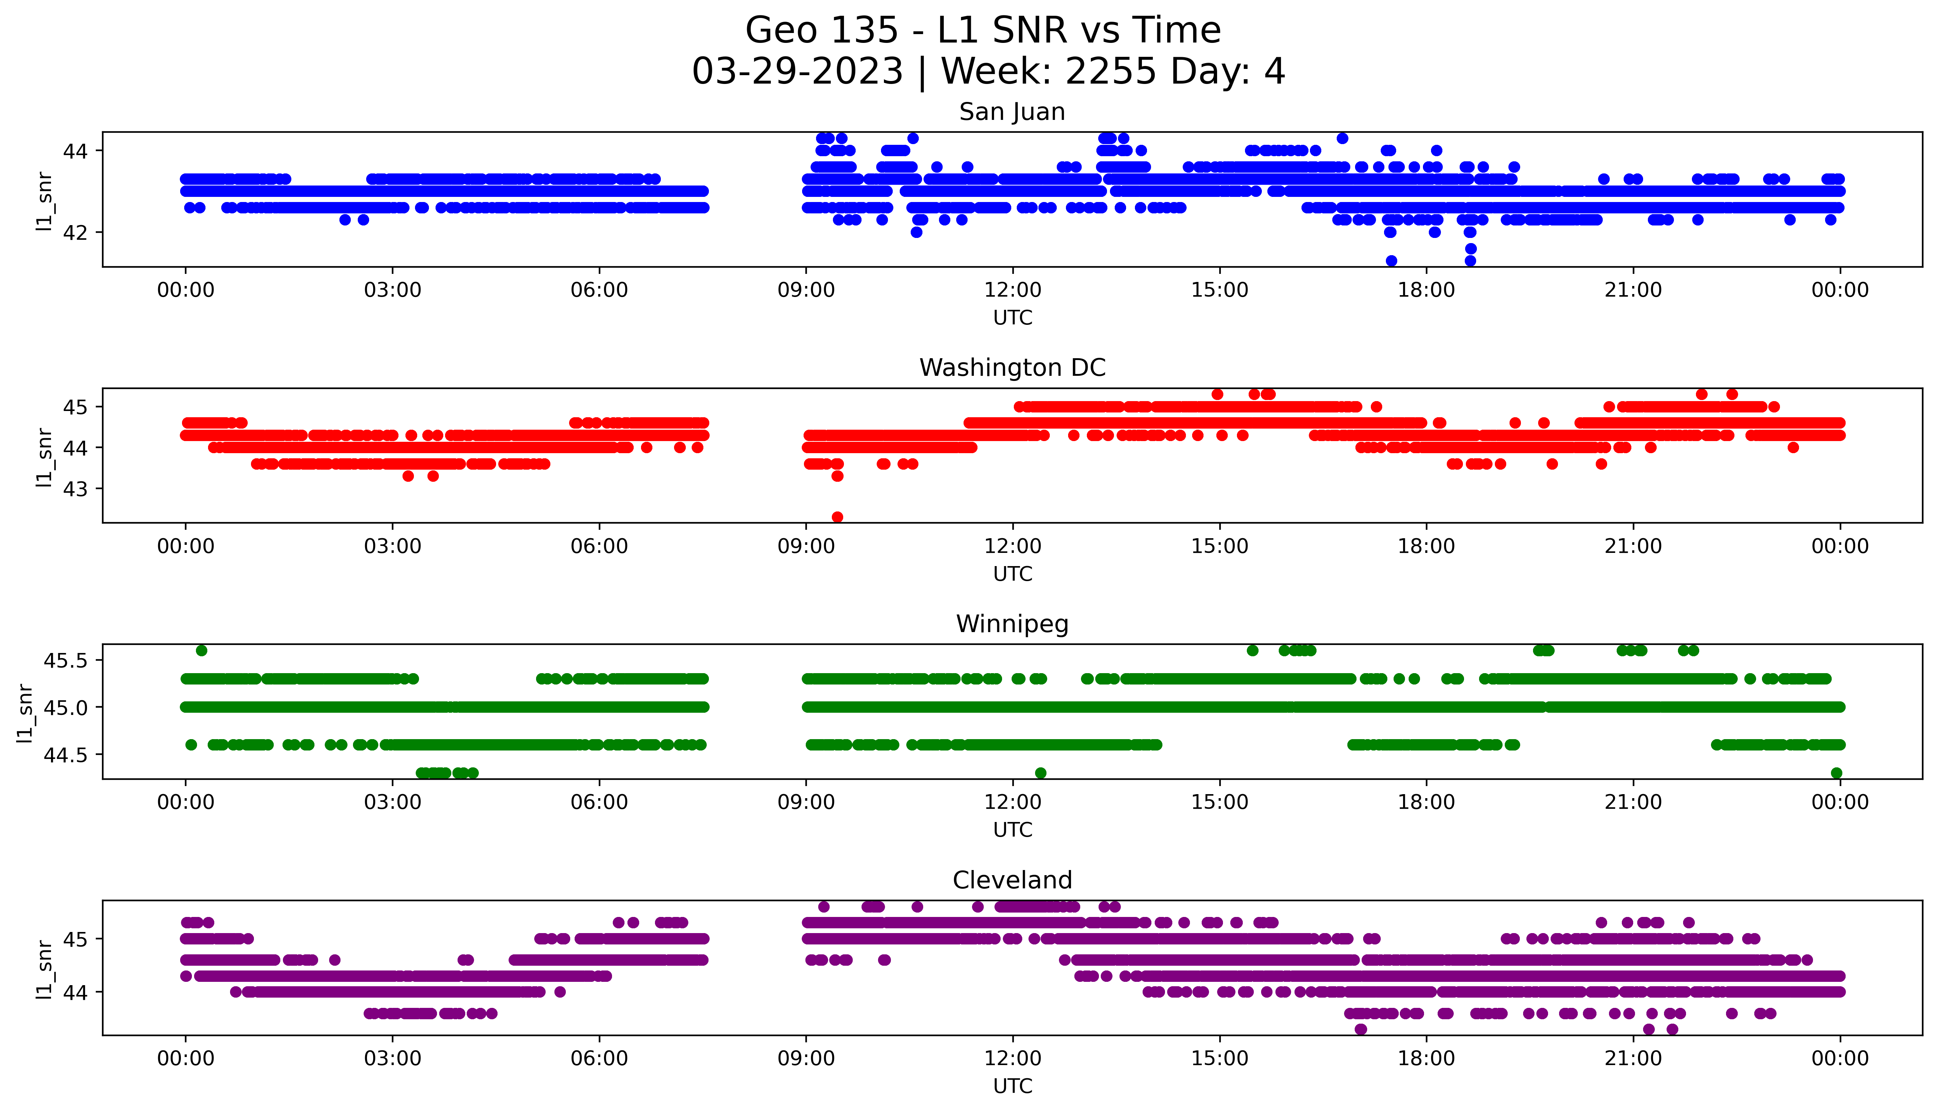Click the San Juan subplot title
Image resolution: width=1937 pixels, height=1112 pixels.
point(1012,112)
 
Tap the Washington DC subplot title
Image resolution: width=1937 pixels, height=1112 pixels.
point(1012,368)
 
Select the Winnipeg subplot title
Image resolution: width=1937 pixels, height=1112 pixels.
point(1012,625)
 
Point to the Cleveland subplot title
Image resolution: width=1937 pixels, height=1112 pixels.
point(1012,881)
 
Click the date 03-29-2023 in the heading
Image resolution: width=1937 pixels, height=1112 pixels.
point(797,72)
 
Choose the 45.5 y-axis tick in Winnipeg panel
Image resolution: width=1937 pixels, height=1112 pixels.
point(66,660)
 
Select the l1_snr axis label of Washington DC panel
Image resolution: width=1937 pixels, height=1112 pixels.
point(44,457)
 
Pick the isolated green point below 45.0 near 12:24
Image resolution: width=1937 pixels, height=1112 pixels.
point(1040,773)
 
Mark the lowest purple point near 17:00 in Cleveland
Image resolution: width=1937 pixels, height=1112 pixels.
point(1360,1030)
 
